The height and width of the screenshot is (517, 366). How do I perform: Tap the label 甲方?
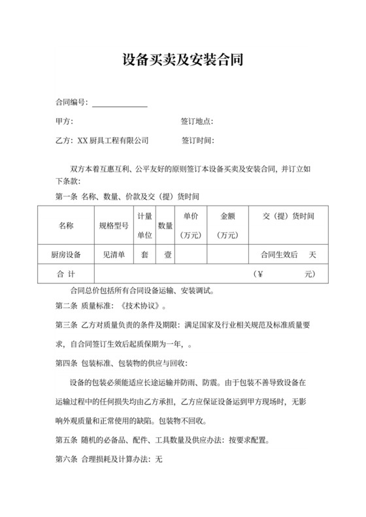[x=64, y=122]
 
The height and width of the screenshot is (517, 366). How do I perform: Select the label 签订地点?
[x=197, y=122]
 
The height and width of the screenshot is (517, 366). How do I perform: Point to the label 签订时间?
[x=197, y=140]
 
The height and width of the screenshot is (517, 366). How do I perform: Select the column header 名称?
[x=66, y=225]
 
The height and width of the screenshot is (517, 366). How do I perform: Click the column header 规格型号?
[x=113, y=225]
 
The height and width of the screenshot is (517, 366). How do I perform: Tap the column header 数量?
[x=165, y=225]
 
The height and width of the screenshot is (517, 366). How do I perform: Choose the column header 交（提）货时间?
[x=288, y=216]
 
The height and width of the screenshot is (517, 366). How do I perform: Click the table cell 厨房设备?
[x=66, y=255]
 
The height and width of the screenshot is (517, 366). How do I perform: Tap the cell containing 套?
[x=144, y=255]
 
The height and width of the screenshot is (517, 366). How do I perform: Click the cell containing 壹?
[x=165, y=255]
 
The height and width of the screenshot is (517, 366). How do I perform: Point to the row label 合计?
[x=66, y=274]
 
